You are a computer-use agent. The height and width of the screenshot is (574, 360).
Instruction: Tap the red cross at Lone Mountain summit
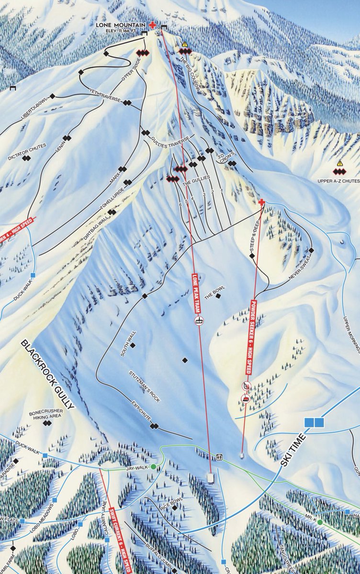point(153,25)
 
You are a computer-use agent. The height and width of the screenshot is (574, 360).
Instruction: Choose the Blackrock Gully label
point(48,375)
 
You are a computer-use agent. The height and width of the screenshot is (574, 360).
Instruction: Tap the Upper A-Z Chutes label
point(338,181)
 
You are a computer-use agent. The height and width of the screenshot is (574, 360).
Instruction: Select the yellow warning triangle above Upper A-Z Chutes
point(340,164)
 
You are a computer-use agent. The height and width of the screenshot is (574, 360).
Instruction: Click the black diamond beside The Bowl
point(218,296)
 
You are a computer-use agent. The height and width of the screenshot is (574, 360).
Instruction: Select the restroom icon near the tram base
point(220,457)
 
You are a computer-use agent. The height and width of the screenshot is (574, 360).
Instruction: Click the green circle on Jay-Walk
point(153,466)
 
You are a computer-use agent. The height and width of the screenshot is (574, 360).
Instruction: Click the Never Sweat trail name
point(300,270)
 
